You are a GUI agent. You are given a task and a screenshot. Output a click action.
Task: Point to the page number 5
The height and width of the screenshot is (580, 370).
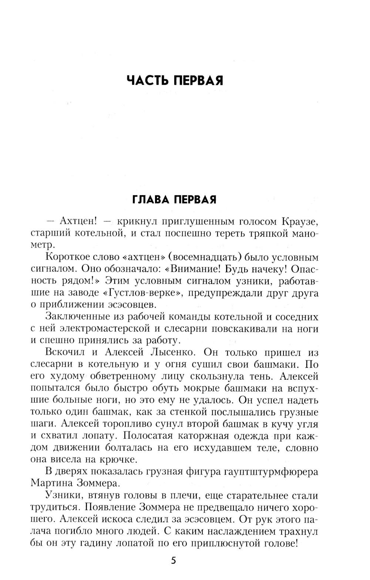[174, 560]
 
